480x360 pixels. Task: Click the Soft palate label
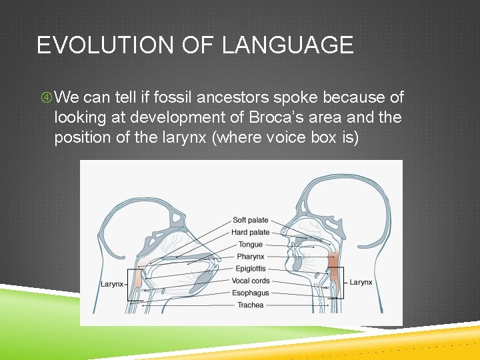pyautogui.click(x=251, y=220)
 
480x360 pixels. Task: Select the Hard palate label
pyautogui.click(x=251, y=232)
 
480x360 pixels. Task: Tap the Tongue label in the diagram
pyautogui.click(x=251, y=245)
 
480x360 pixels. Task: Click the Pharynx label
pyautogui.click(x=251, y=257)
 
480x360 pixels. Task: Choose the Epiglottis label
pyautogui.click(x=251, y=269)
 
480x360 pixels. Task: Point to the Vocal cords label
pyautogui.click(x=251, y=281)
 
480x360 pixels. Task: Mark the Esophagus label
pyautogui.click(x=251, y=293)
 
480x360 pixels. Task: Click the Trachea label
pyautogui.click(x=251, y=305)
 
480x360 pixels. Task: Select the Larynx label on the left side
pyautogui.click(x=112, y=284)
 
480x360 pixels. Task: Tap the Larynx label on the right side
pyautogui.click(x=361, y=283)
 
